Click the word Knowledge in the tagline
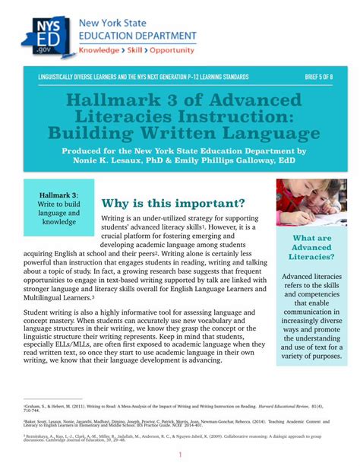tap(103, 48)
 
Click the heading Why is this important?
tap(173, 203)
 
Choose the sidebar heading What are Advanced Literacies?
tap(311, 248)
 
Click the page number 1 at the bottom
tap(179, 455)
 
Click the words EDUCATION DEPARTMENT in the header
tap(137, 33)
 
